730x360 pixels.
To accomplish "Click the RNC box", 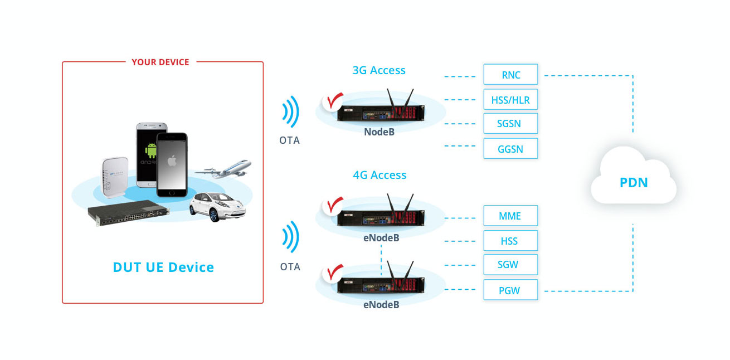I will pyautogui.click(x=510, y=75).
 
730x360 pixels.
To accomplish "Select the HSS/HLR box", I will pyautogui.click(x=510, y=100).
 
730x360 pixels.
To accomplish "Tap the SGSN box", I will pyautogui.click(x=510, y=124).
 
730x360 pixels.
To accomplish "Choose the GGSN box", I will pyautogui.click(x=510, y=149).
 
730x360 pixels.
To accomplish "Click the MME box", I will pyautogui.click(x=510, y=216).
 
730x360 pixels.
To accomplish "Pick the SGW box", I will pyautogui.click(x=510, y=264).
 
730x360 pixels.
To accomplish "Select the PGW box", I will pyautogui.click(x=510, y=290).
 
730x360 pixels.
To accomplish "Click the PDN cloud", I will pyautogui.click(x=634, y=182).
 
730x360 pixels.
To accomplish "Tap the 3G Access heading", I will pyautogui.click(x=379, y=70).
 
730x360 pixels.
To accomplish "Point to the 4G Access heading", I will pyautogui.click(x=379, y=175).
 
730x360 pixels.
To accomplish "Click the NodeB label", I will pyautogui.click(x=381, y=132).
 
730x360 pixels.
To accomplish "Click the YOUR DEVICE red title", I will pyautogui.click(x=160, y=62).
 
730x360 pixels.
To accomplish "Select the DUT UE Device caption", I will pyautogui.click(x=163, y=267).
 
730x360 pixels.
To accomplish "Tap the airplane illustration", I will pyautogui.click(x=225, y=169).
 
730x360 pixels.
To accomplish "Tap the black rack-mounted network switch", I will pyautogui.click(x=129, y=213).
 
